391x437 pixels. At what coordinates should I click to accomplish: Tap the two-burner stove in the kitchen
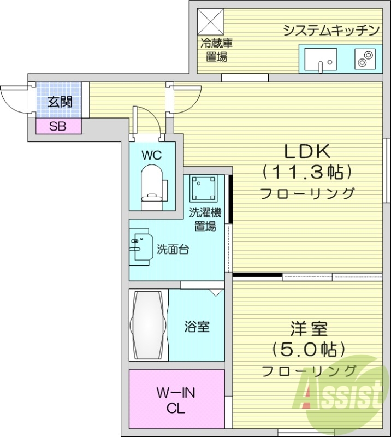[364, 58]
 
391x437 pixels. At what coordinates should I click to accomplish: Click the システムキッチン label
[331, 31]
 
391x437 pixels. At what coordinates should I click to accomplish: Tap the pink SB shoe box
[58, 127]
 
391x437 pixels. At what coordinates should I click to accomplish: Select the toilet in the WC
[152, 186]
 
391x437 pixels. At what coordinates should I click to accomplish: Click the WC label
[152, 155]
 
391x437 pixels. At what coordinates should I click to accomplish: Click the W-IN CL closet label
[176, 400]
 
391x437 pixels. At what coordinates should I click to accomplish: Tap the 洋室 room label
[309, 329]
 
